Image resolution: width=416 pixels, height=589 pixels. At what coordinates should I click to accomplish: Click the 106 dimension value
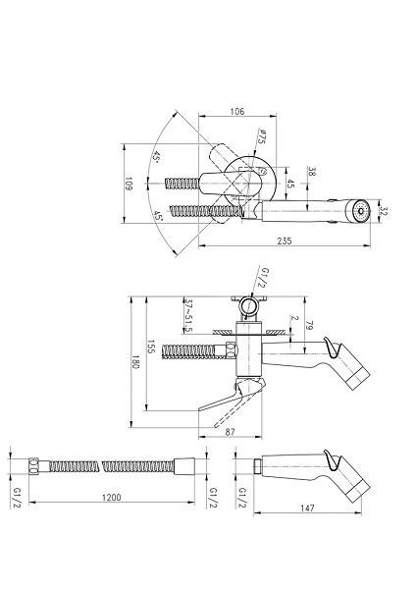236,111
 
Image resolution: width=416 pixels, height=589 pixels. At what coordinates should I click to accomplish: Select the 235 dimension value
285,241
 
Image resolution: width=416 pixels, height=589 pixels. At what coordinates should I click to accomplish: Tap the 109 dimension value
129,184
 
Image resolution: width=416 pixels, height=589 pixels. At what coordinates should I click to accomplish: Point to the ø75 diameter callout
261,136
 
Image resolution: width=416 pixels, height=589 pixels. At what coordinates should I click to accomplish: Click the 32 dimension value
384,211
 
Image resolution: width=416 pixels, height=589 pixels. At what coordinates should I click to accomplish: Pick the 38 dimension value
312,172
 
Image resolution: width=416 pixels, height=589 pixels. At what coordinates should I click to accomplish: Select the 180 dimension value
135,362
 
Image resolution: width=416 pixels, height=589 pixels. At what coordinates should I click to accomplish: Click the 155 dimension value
151,348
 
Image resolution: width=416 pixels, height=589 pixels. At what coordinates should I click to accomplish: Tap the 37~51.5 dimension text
189,316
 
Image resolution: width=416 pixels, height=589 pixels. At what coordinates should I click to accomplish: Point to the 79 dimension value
310,325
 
